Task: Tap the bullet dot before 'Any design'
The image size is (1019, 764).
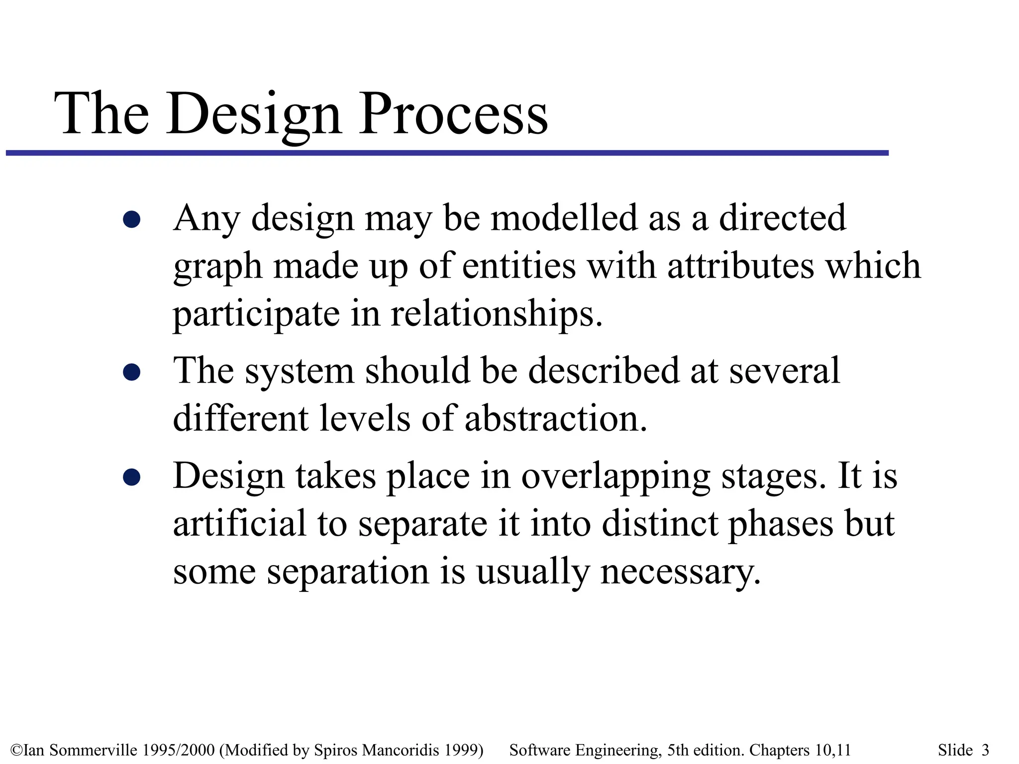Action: [x=131, y=219]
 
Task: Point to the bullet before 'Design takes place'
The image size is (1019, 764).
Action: [x=131, y=477]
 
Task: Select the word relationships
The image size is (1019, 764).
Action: [x=496, y=314]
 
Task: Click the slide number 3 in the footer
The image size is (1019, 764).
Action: [x=985, y=750]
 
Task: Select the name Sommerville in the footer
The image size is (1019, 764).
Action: [x=93, y=750]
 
